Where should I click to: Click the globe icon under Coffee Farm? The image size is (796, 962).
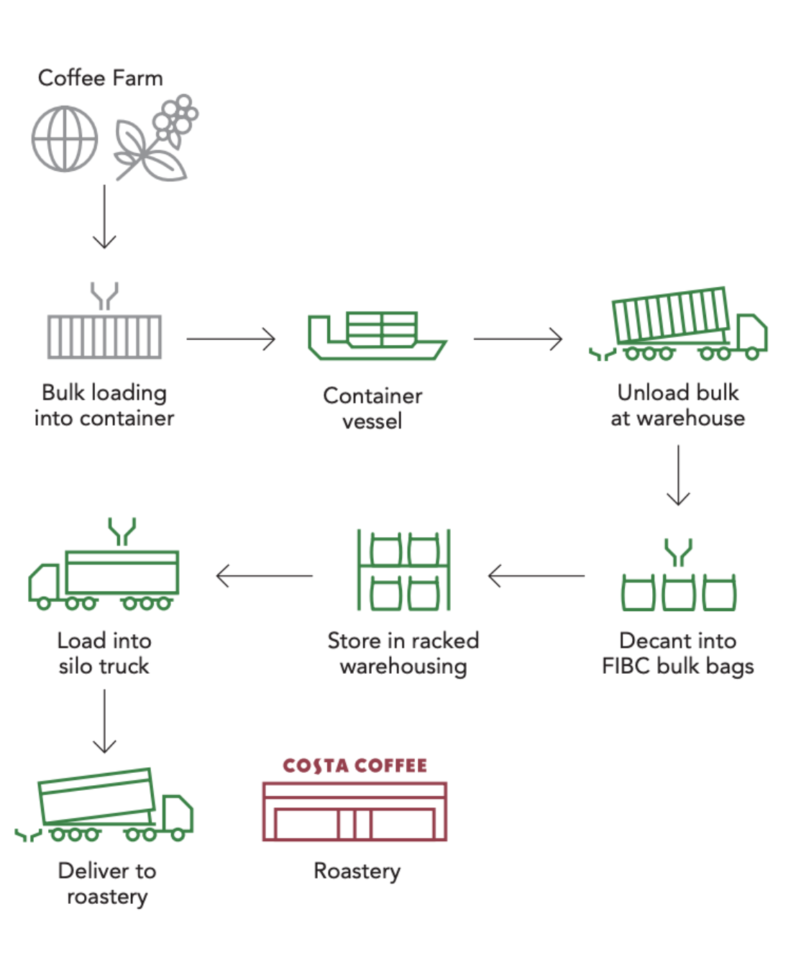65,139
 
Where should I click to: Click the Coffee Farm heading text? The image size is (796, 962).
100,78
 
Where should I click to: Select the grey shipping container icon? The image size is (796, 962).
104,335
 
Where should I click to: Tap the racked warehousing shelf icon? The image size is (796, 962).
403,569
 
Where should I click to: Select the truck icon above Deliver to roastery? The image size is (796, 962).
105,805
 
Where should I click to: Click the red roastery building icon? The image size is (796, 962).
354,812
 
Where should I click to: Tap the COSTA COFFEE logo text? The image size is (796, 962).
354,766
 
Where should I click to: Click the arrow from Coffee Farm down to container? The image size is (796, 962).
104,216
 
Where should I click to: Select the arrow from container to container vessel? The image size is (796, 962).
231,339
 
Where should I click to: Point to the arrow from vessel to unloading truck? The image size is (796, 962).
518,339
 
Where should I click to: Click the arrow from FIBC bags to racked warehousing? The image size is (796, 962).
536,576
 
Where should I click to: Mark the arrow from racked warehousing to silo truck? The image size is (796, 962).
265,576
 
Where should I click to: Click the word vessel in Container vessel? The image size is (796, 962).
372,421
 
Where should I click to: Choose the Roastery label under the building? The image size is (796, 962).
357,871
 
